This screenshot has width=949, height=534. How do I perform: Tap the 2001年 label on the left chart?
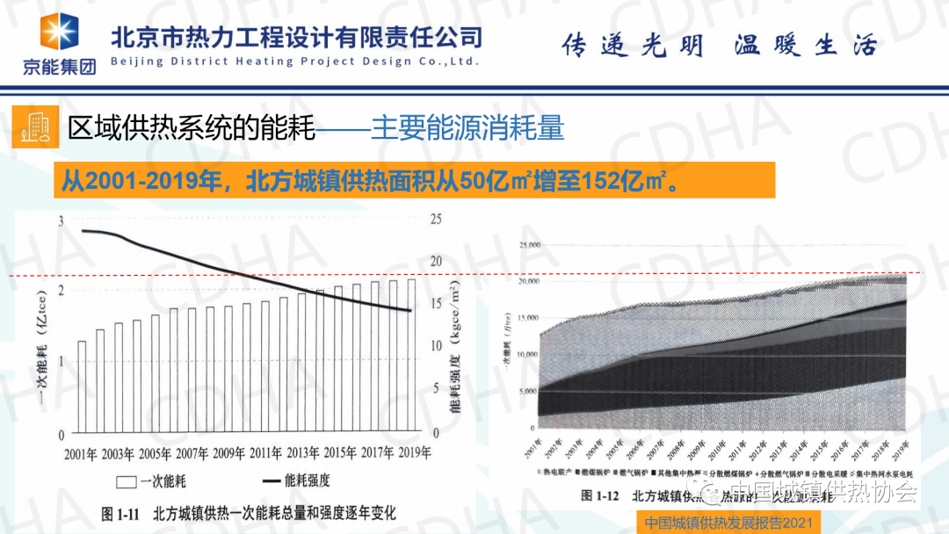(82, 453)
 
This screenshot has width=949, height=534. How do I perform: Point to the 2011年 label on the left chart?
(265, 453)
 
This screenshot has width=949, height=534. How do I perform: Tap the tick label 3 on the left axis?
(61, 221)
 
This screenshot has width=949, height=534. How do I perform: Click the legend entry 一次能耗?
(158, 481)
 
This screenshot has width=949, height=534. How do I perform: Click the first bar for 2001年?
(82, 387)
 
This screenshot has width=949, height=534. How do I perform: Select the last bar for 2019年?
(411, 357)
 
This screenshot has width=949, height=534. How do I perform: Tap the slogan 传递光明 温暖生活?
(719, 46)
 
